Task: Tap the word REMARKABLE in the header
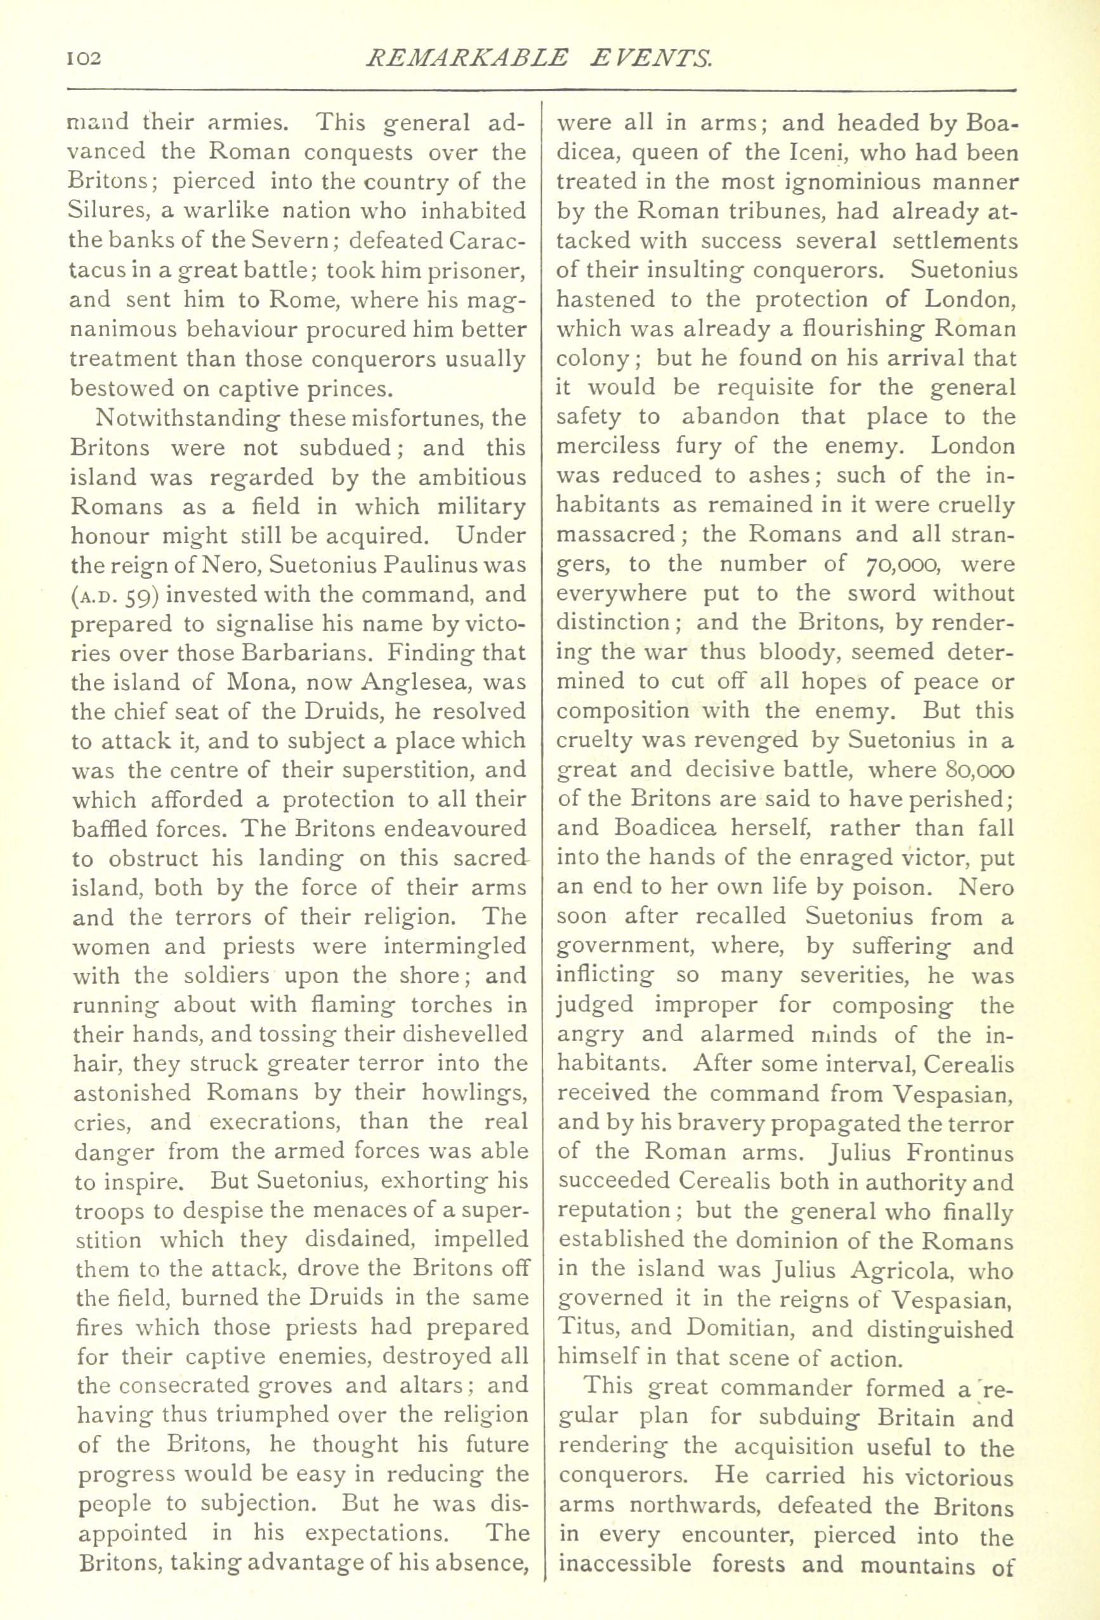pyautogui.click(x=465, y=57)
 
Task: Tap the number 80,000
pyautogui.click(x=971, y=770)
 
